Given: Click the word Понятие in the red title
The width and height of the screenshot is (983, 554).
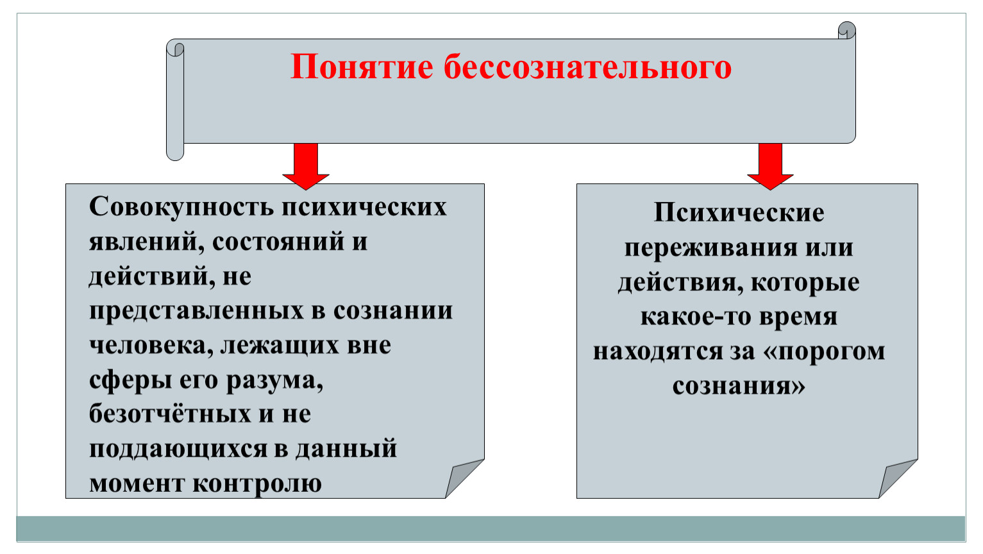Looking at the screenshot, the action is [x=362, y=67].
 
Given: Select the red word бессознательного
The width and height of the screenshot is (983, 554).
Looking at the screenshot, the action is [x=587, y=67].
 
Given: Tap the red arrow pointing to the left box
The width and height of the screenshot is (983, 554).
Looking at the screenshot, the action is [x=306, y=166].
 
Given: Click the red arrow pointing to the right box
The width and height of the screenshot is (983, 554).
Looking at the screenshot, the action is [x=770, y=166].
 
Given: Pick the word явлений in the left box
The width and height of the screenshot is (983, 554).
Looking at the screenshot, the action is [x=147, y=242].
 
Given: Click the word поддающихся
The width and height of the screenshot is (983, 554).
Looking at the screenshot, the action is [x=178, y=449].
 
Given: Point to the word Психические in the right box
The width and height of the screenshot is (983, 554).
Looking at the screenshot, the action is [x=739, y=213].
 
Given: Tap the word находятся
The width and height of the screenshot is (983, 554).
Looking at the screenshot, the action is [x=658, y=352].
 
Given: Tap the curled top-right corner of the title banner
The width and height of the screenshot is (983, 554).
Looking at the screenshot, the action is [x=846, y=30].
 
